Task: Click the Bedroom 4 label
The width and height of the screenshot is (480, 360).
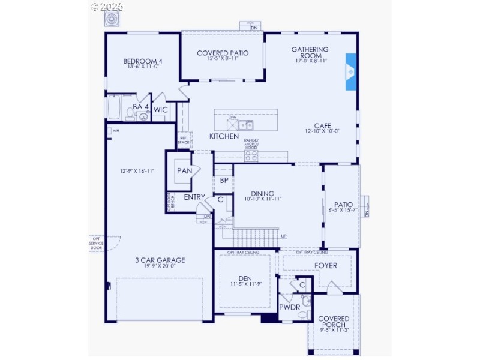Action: pyautogui.click(x=143, y=61)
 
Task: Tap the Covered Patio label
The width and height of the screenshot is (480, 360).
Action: pyautogui.click(x=223, y=53)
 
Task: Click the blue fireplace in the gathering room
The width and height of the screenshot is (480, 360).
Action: pyautogui.click(x=351, y=73)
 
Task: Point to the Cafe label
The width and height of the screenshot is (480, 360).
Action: pyautogui.click(x=323, y=125)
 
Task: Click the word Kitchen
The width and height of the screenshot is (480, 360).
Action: pyautogui.click(x=224, y=137)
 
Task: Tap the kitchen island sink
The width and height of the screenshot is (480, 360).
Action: pyautogui.click(x=245, y=125)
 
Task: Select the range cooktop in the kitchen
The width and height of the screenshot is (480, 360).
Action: pyautogui.click(x=251, y=155)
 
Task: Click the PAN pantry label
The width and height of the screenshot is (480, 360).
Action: pyautogui.click(x=184, y=171)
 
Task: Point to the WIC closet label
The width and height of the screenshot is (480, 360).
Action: pyautogui.click(x=160, y=110)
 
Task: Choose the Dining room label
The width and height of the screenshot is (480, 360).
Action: pyautogui.click(x=263, y=194)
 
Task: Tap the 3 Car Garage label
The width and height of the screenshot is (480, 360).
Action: pyautogui.click(x=160, y=260)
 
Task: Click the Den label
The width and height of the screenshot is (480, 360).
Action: pyautogui.click(x=245, y=278)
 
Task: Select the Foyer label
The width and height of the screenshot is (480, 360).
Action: pyautogui.click(x=326, y=265)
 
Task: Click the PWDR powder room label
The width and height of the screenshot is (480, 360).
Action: pyautogui.click(x=289, y=307)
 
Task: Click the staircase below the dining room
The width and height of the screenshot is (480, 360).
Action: pyautogui.click(x=256, y=236)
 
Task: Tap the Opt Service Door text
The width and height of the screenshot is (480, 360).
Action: pyautogui.click(x=96, y=243)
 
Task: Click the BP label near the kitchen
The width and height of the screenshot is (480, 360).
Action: pyautogui.click(x=223, y=180)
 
